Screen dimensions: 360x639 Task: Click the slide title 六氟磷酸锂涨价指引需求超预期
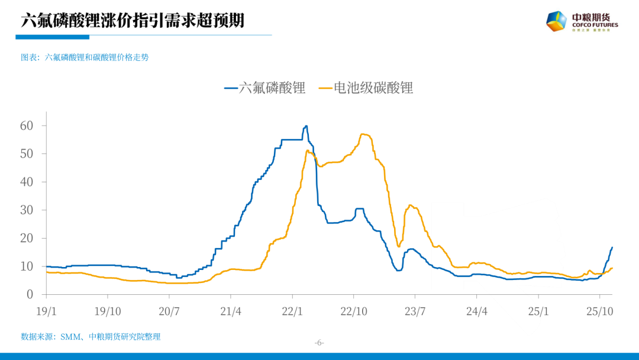[133, 21]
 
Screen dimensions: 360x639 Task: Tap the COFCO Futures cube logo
[556, 21]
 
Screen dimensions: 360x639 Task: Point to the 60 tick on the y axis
[27, 126]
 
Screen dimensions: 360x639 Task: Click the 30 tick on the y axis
[27, 210]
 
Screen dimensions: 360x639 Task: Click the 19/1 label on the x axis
[46, 311]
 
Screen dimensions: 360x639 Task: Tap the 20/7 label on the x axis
[169, 311]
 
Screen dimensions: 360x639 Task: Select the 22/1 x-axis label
[292, 311]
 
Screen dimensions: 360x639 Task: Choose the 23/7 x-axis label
[415, 311]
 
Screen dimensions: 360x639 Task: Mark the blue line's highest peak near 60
[306, 126]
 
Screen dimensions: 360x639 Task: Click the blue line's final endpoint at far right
[612, 247]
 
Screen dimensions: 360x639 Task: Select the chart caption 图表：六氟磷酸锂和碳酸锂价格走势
[85, 57]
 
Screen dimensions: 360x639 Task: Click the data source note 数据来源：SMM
[91, 336]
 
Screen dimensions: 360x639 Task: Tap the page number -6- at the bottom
[319, 343]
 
